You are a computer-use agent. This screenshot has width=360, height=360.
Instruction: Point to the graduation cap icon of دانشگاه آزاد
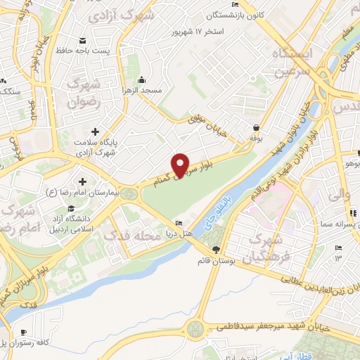72,209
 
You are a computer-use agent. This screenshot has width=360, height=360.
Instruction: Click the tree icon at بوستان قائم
216,249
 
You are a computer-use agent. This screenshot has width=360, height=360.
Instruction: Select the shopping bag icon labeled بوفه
257,128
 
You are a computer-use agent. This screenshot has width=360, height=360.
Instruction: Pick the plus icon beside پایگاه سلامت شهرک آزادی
96,131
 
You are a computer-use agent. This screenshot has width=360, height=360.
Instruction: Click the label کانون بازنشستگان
237,14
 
